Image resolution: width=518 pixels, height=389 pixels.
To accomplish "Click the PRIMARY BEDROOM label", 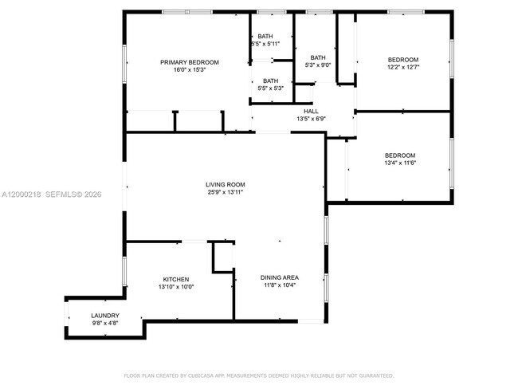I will (x=189, y=62).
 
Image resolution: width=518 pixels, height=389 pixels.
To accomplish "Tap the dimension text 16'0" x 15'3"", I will (x=189, y=70).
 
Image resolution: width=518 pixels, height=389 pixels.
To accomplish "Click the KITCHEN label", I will (x=175, y=279).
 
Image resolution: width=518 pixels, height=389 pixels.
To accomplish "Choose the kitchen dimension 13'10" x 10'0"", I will (x=175, y=287).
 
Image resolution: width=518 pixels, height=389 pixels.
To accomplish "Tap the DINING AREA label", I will (x=279, y=277).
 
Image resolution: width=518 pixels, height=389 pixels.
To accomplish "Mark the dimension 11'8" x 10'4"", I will (x=279, y=285).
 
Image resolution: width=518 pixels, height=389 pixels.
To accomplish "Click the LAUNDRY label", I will (x=104, y=316).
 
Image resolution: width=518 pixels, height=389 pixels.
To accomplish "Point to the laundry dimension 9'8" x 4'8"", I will (x=104, y=324).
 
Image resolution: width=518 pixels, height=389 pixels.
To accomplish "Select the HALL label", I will (x=311, y=111).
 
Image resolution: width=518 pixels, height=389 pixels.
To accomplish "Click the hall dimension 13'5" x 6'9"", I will (x=311, y=119).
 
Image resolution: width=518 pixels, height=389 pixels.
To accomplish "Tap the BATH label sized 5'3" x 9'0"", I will (x=318, y=57).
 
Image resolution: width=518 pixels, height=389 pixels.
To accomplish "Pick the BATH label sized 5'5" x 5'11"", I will (x=265, y=36).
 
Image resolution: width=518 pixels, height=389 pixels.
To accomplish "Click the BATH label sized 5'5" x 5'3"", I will (x=271, y=80).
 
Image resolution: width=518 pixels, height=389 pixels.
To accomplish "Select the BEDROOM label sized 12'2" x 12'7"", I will (x=402, y=60).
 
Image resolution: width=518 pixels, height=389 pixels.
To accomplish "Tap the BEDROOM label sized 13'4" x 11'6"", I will (x=400, y=155).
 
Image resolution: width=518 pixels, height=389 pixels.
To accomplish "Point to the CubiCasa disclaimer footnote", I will (x=258, y=375).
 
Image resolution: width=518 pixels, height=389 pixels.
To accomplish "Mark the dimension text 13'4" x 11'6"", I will (x=400, y=163).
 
